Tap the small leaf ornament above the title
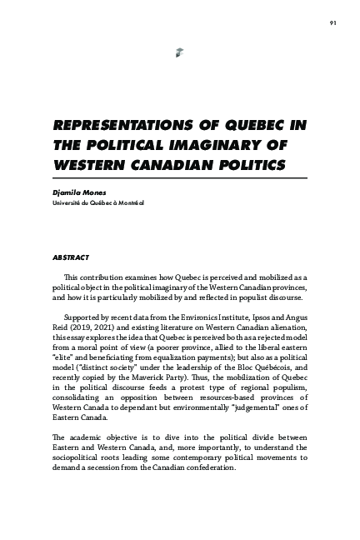click(x=179, y=53)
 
